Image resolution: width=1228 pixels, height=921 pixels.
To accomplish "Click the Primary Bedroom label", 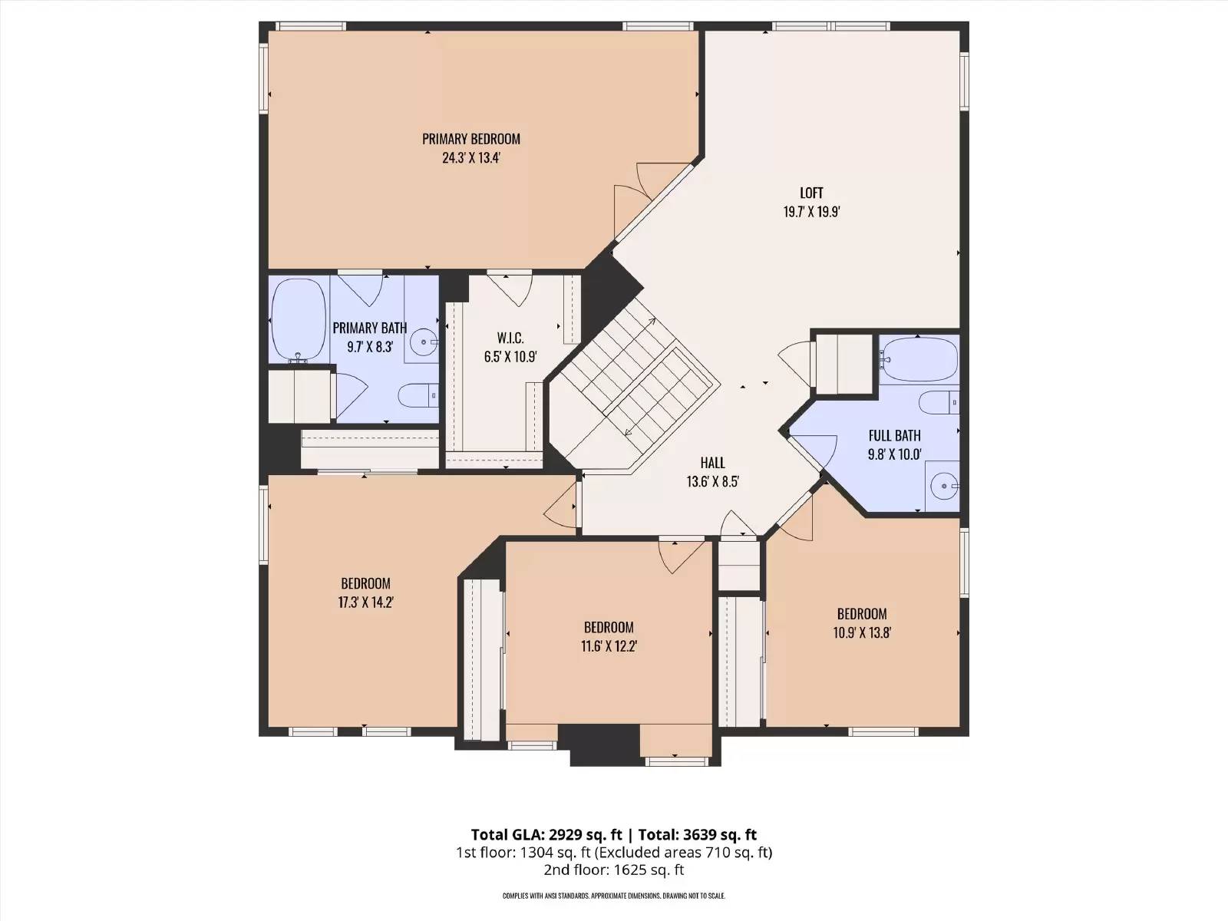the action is (471, 139).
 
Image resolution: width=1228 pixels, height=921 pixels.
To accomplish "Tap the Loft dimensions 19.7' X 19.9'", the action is (811, 212).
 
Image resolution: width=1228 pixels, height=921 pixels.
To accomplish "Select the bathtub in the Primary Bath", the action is (299, 320).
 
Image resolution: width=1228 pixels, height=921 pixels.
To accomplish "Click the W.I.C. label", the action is (510, 338).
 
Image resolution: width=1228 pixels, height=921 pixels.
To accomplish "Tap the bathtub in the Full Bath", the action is (919, 359).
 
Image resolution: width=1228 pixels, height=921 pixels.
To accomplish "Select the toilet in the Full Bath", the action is (940, 403).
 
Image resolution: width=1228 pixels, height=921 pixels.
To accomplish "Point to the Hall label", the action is (712, 463).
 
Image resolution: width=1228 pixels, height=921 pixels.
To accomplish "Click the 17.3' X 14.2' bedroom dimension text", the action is (366, 602).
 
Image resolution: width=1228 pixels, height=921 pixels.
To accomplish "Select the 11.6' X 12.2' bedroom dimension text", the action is (609, 646).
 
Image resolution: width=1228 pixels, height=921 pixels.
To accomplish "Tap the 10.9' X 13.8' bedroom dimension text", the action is (862, 632).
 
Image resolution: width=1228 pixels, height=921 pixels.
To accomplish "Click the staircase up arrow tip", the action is (655, 319).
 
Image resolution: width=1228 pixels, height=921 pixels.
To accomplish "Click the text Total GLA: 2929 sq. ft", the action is (546, 834).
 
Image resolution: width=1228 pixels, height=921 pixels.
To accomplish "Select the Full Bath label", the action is (894, 435).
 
